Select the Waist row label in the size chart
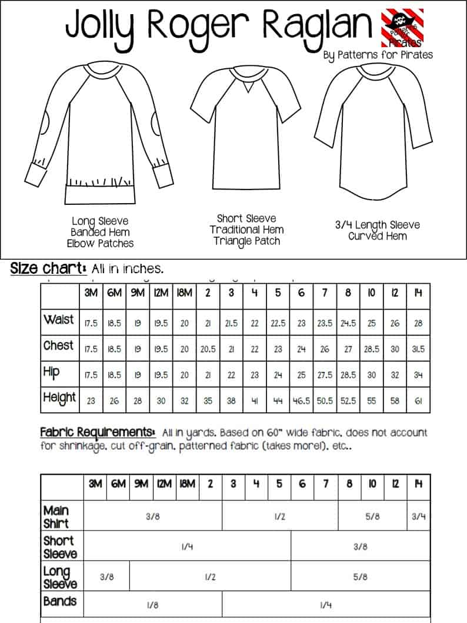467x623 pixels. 59,320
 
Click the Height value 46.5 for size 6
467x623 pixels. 301,400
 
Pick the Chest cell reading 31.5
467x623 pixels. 418,349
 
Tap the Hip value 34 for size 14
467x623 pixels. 418,375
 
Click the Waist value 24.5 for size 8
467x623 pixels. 348,323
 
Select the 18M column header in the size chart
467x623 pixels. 185,293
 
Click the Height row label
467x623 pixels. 59,398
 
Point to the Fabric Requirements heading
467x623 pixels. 98,432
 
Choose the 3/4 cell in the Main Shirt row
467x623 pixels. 418,516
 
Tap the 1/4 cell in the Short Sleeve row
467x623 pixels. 187,546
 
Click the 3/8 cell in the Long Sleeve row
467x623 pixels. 106,577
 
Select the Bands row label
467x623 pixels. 60,601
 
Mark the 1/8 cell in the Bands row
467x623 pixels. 152,605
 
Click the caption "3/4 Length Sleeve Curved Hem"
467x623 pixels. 377,230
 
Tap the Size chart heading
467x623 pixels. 48,269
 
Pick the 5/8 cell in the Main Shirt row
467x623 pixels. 372,516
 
